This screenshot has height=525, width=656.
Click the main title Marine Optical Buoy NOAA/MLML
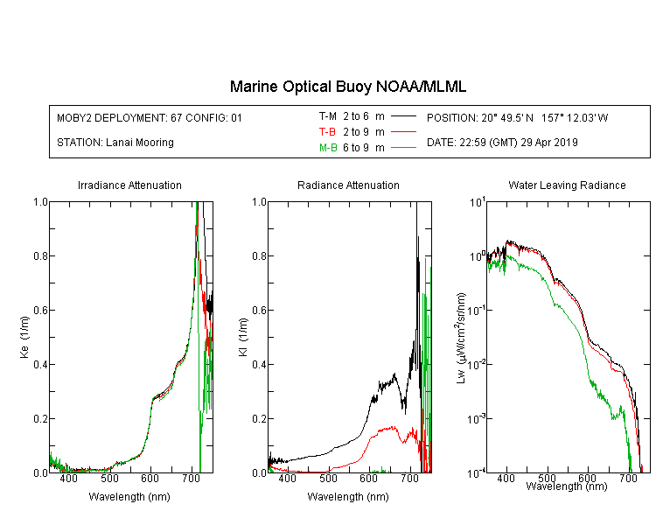[x=347, y=87]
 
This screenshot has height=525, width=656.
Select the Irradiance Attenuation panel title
[x=129, y=185]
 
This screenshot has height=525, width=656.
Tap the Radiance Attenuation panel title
[x=348, y=185]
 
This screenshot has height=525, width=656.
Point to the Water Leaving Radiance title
[x=567, y=185]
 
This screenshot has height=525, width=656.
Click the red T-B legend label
[x=327, y=132]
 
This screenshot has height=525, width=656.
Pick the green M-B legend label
[x=328, y=148]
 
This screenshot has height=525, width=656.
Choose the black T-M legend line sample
[x=403, y=116]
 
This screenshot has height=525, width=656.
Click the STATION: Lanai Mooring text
[x=115, y=143]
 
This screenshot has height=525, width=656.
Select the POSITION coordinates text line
[x=517, y=117]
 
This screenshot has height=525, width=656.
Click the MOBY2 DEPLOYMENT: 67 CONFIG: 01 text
[x=150, y=117]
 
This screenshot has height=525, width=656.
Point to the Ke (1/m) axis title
[x=24, y=337]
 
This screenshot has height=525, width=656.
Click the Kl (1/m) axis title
[x=243, y=337]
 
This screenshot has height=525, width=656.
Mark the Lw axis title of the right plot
[x=461, y=338]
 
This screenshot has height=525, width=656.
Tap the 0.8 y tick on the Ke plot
[x=40, y=255]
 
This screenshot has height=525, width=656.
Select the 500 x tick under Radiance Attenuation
[x=328, y=478]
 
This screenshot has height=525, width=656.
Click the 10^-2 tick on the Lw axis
[x=478, y=363]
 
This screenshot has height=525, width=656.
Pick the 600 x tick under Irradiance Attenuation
[x=150, y=478]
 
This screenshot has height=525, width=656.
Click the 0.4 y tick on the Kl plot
[x=259, y=364]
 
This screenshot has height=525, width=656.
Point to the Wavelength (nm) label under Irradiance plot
[x=129, y=497]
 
